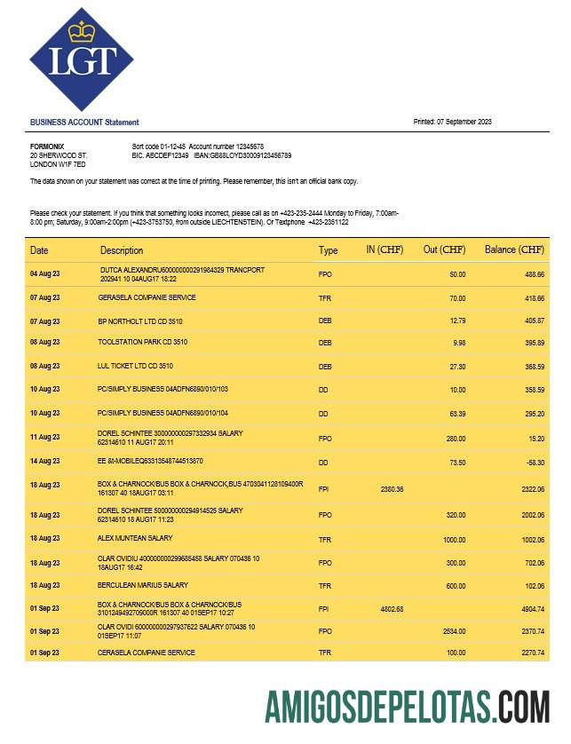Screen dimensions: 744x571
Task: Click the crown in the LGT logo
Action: click(82, 32)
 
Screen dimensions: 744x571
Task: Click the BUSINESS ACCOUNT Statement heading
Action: click(84, 123)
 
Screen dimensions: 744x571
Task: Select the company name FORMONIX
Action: click(46, 146)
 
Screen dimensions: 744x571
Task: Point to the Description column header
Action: click(122, 250)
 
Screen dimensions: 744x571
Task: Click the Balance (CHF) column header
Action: click(514, 250)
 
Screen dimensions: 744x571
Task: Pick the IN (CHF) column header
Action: click(385, 250)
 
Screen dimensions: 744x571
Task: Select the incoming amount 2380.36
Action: click(392, 489)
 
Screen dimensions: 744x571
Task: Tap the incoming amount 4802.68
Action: click(392, 609)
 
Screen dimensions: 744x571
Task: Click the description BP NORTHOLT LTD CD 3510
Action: click(139, 321)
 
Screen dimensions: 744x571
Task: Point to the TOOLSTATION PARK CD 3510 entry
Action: click(142, 342)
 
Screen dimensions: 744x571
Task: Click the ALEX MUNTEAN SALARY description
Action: click(135, 538)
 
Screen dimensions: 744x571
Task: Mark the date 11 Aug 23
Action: click(45, 438)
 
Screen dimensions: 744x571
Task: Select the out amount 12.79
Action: click(457, 321)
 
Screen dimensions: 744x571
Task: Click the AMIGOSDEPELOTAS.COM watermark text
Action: click(407, 707)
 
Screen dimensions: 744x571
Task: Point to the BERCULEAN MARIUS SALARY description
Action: click(142, 586)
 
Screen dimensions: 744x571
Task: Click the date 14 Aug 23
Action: click(45, 462)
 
